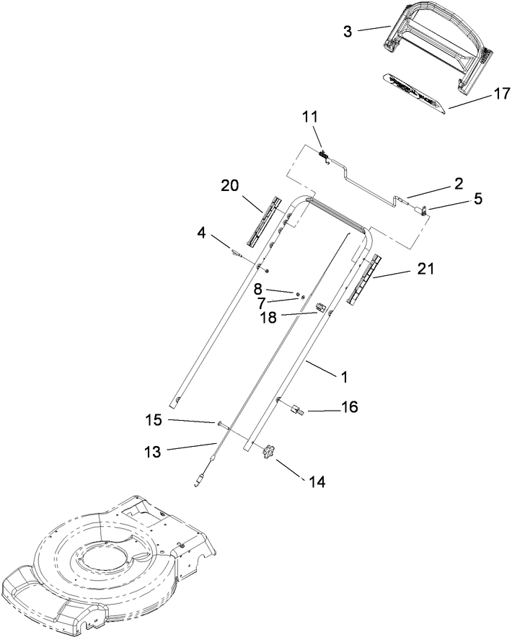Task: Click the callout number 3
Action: pos(348,32)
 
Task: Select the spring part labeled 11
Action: pos(325,153)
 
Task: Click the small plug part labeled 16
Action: pos(295,410)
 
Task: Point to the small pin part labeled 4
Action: pos(237,253)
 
